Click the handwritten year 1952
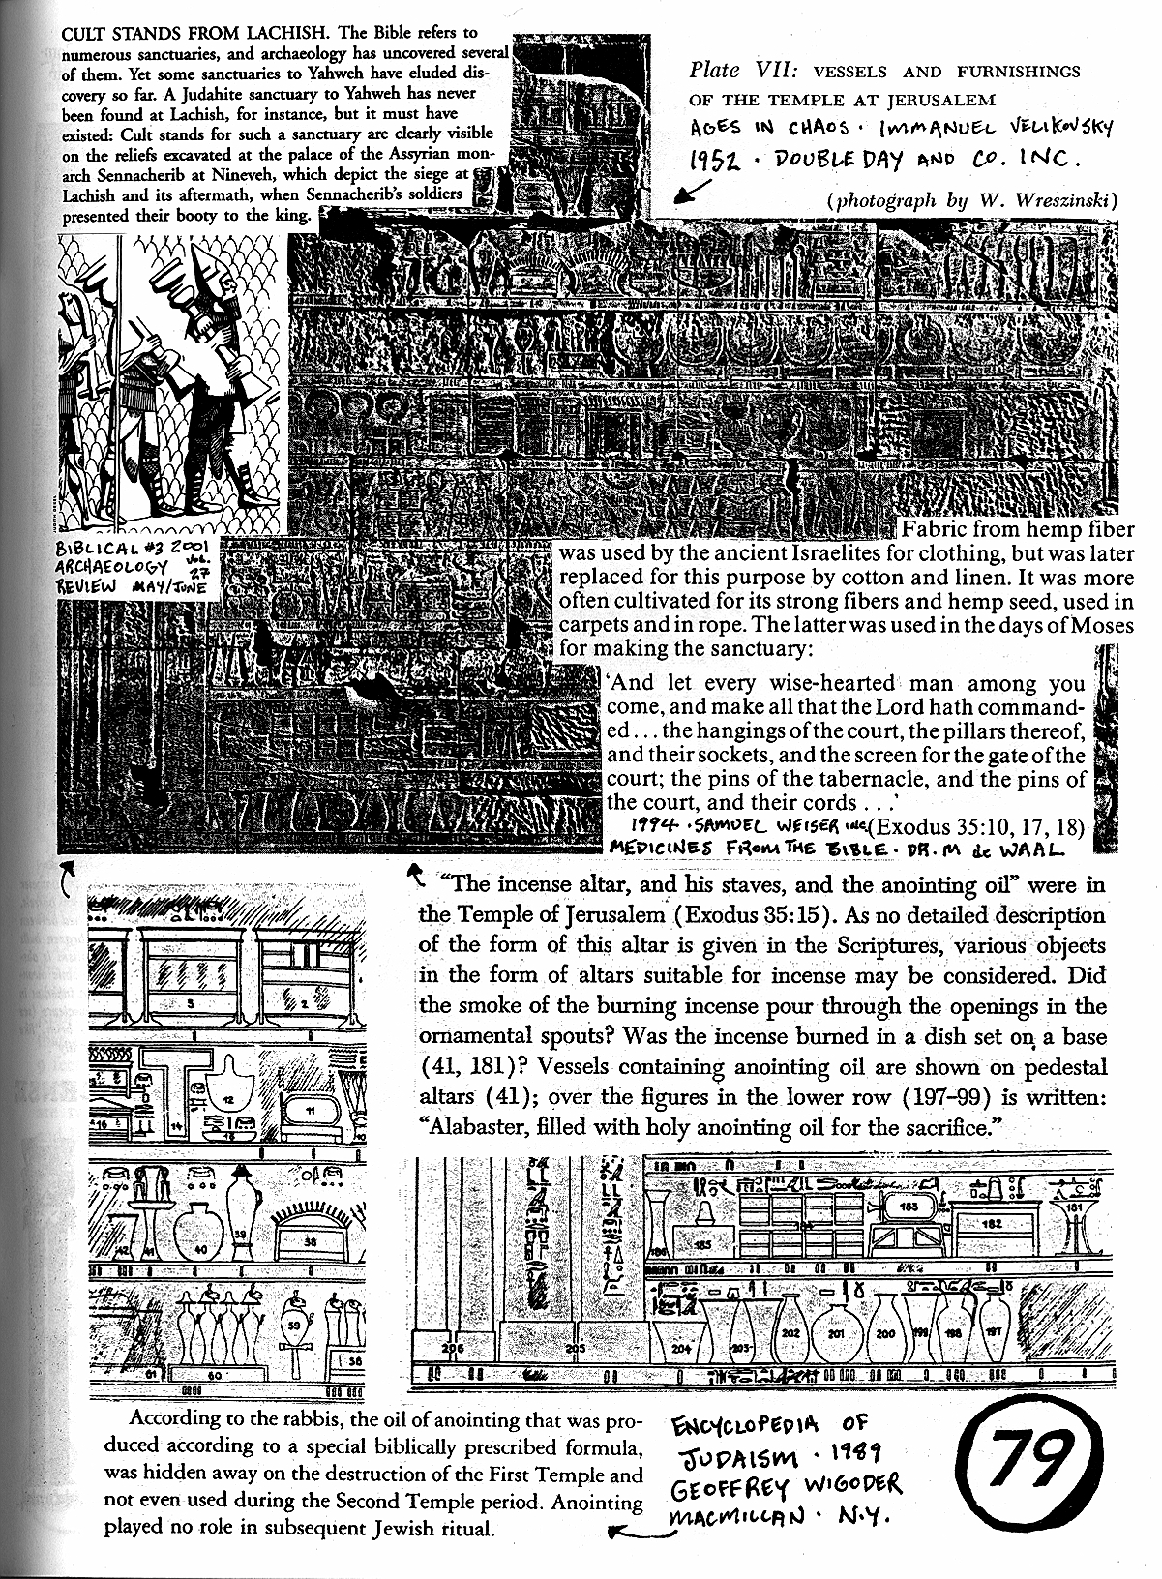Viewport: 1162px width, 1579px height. [717, 162]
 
